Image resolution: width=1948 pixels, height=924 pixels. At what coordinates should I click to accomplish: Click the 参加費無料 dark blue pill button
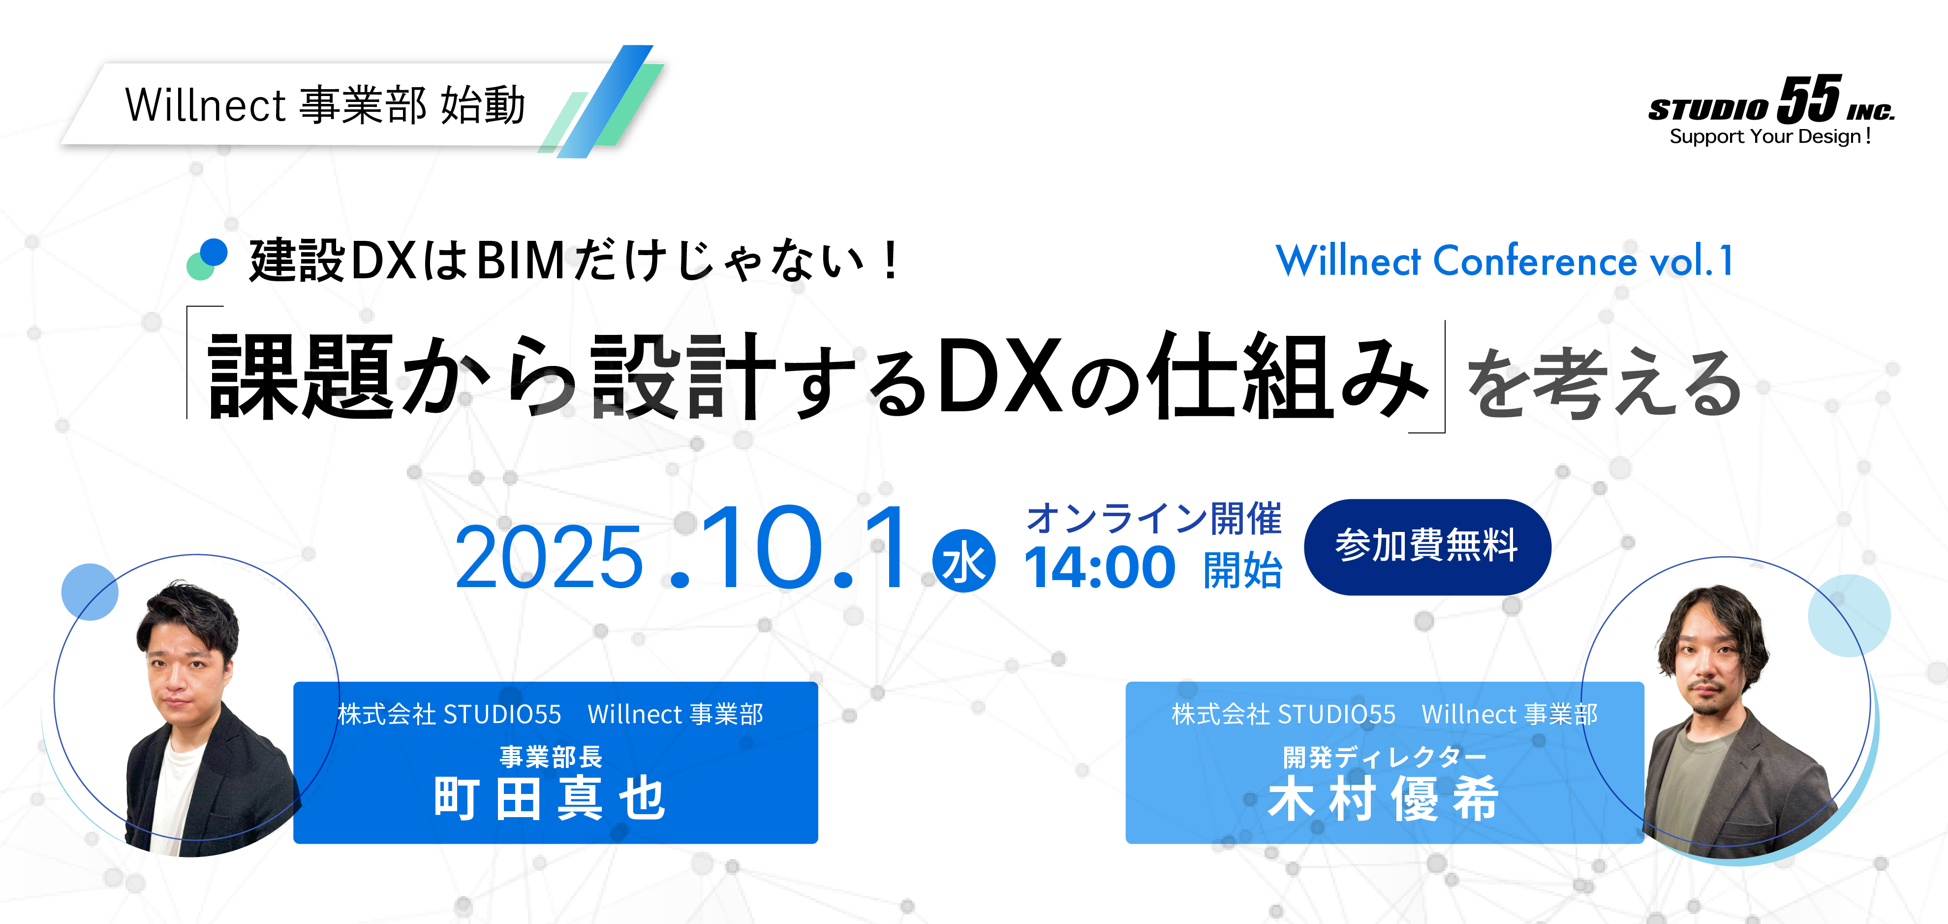tap(1427, 546)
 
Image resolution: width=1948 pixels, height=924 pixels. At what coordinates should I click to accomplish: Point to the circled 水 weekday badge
tap(964, 561)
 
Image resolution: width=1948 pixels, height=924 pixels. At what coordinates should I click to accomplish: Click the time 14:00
tap(1100, 567)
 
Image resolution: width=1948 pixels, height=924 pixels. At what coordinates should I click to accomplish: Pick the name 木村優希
tap(1383, 798)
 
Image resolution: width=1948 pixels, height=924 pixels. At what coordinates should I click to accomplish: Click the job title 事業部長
tap(551, 756)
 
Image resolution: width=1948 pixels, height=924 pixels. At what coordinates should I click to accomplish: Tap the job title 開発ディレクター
tap(1385, 756)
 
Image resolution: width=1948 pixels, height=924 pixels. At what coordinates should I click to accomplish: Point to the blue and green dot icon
tap(207, 259)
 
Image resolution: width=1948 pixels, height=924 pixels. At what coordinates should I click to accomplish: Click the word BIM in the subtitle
tap(521, 261)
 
